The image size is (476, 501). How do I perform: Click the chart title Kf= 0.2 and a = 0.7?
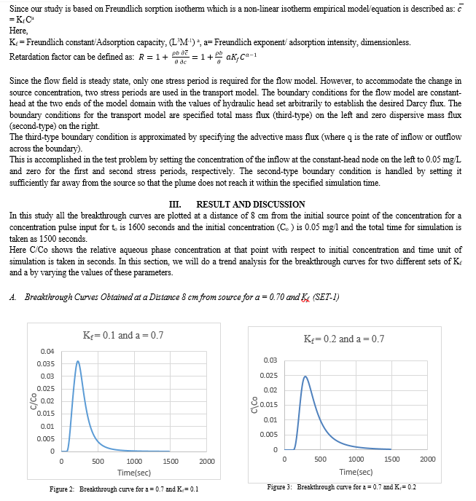[x=343, y=339]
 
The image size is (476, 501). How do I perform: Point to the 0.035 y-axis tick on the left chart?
[x=45, y=363]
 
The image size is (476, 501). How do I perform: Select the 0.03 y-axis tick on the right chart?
[x=270, y=360]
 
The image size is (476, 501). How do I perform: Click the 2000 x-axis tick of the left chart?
[x=206, y=462]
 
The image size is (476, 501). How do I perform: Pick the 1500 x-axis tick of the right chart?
[x=391, y=459]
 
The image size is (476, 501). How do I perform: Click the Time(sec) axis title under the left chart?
[x=134, y=472]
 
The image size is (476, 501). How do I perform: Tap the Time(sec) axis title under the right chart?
[x=356, y=471]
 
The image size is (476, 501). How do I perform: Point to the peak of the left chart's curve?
[x=78, y=361]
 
